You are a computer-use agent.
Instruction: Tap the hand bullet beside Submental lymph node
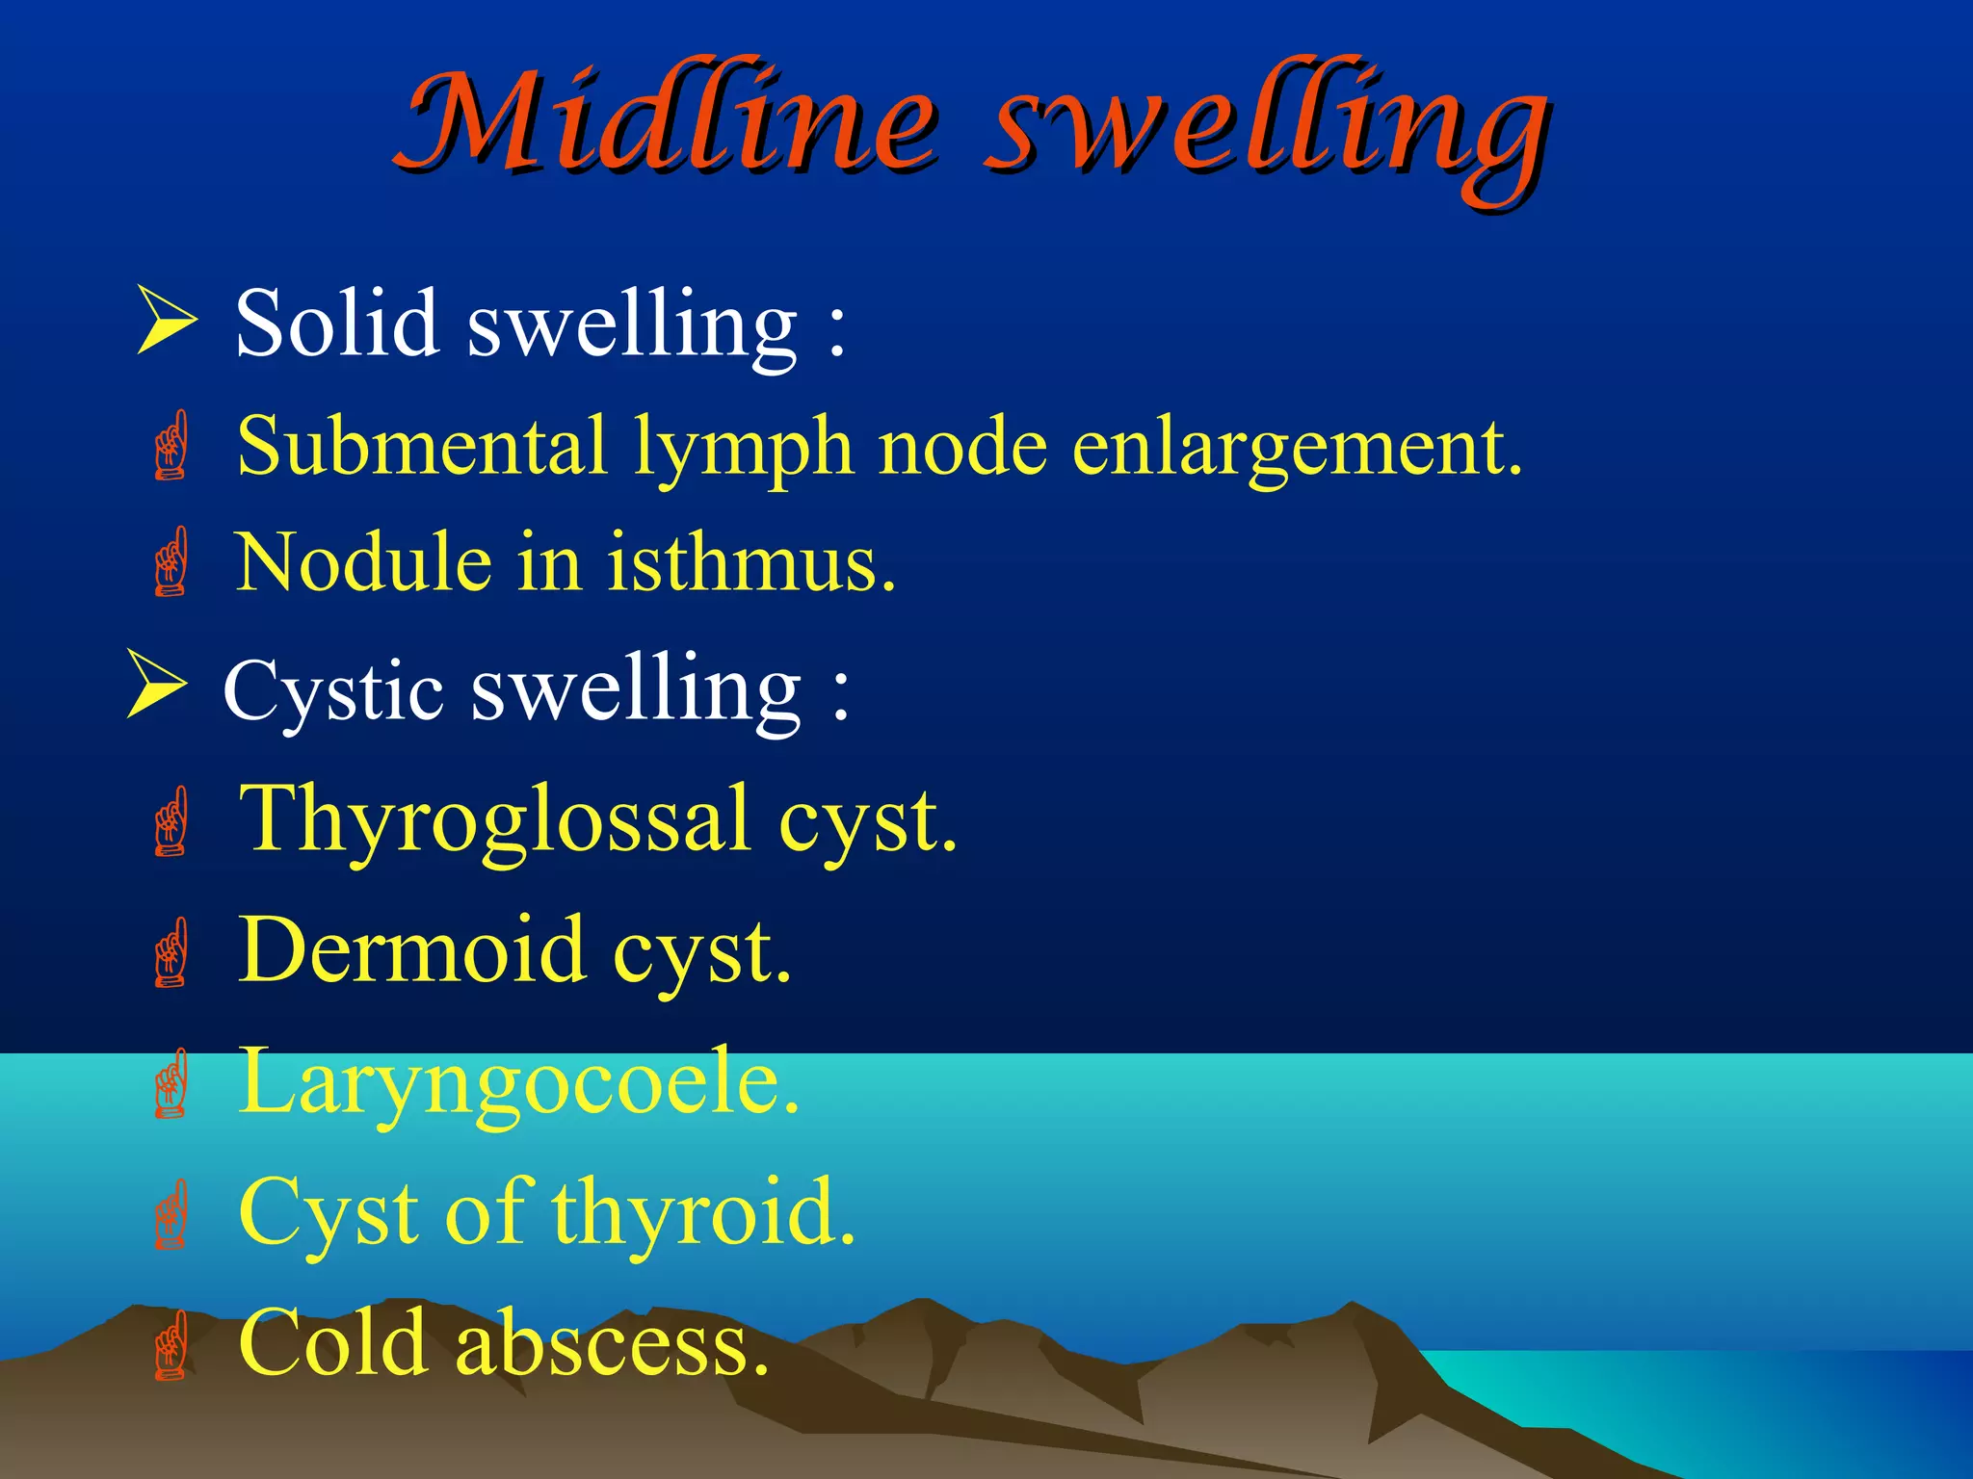coord(171,445)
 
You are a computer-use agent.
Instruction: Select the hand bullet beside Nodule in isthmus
coord(171,561)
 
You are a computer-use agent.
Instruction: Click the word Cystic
coord(332,691)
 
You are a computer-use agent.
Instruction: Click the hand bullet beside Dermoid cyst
coord(171,952)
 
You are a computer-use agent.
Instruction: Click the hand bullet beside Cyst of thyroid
coord(171,1214)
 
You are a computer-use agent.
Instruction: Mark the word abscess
coord(612,1343)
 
